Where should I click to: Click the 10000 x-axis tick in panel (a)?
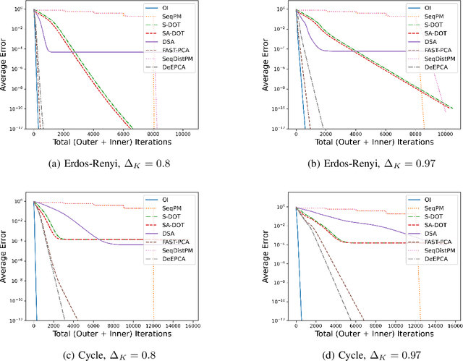(x=182, y=135)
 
